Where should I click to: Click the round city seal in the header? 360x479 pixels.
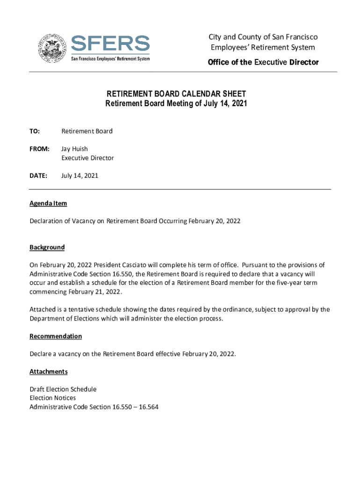pos(51,47)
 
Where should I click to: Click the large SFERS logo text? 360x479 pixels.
pos(110,44)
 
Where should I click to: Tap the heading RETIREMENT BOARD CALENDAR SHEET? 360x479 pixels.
pos(175,94)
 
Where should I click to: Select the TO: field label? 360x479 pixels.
pos(35,131)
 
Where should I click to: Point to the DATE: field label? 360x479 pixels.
pos(38,176)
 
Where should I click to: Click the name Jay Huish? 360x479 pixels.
pos(74,149)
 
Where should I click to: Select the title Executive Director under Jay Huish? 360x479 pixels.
pos(87,158)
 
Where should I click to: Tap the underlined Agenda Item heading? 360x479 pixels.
pos(48,203)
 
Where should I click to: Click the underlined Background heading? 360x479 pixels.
pos(47,247)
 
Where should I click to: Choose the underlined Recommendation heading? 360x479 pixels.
pos(56,336)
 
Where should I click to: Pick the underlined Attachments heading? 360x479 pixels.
pos(49,371)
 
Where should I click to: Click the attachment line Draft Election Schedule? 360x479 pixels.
pos(63,389)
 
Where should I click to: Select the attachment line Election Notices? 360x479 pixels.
pos(52,398)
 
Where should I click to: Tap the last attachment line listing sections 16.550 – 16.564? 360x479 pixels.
pos(94,407)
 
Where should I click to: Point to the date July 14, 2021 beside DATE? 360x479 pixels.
pos(80,176)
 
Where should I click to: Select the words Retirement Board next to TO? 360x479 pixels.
pos(87,131)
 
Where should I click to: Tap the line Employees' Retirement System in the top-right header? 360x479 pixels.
pos(263,47)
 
